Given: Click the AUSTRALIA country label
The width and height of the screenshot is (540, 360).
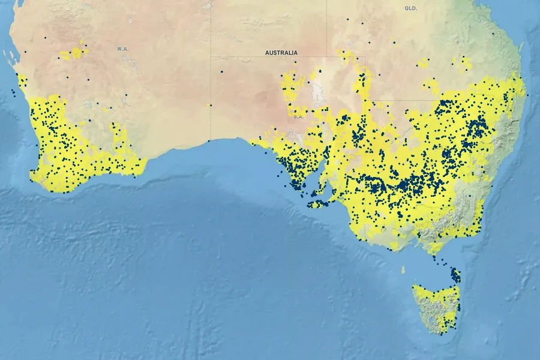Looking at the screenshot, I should pos(281,53).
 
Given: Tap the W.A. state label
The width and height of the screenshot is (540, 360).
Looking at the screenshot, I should pos(123,49).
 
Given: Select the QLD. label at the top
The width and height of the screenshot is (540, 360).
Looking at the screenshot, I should pos(410,8).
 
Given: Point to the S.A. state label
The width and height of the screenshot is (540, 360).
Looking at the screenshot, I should pos(298,116).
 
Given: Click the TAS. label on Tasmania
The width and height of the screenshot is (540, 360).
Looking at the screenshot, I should pos(438,307).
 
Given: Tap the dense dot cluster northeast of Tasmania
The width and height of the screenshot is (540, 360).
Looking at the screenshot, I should pos(455,275).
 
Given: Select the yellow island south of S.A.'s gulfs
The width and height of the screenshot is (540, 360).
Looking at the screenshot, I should pos(318,204).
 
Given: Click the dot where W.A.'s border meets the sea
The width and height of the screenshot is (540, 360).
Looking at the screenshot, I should pos(209,141).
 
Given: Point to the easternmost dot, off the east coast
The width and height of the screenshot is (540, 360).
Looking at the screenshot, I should pos(527,95).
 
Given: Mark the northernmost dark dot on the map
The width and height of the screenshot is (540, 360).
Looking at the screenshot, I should pos(347,19).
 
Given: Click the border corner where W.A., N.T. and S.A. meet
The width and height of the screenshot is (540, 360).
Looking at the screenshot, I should pos(211,57).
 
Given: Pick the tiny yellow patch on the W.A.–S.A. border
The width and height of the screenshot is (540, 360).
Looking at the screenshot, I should pos(209,106).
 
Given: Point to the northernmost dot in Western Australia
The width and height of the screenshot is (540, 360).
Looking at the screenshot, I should pos(44,37).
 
